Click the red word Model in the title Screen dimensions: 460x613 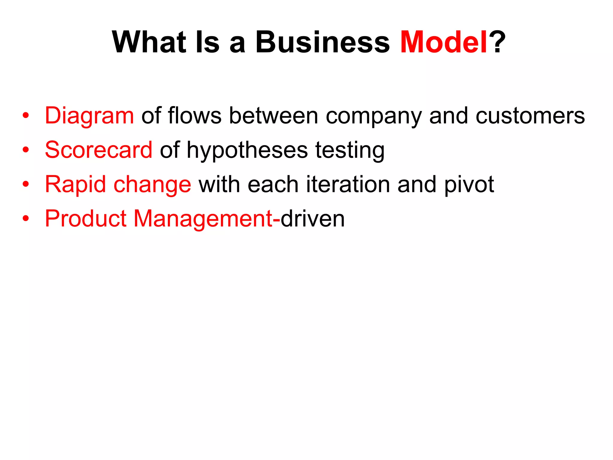pyautogui.click(x=444, y=42)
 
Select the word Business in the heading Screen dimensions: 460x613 pyautogui.click(x=322, y=42)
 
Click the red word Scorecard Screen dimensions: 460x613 pyautogui.click(x=98, y=150)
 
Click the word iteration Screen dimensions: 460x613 pyautogui.click(x=348, y=184)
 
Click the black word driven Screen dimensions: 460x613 pyautogui.click(x=312, y=219)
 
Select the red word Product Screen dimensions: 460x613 pyautogui.click(x=86, y=219)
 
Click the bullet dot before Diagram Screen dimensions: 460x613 pyautogui.click(x=26, y=116)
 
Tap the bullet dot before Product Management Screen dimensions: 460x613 pyautogui.click(x=26, y=219)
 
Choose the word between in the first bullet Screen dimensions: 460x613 pyautogui.click(x=273, y=116)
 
